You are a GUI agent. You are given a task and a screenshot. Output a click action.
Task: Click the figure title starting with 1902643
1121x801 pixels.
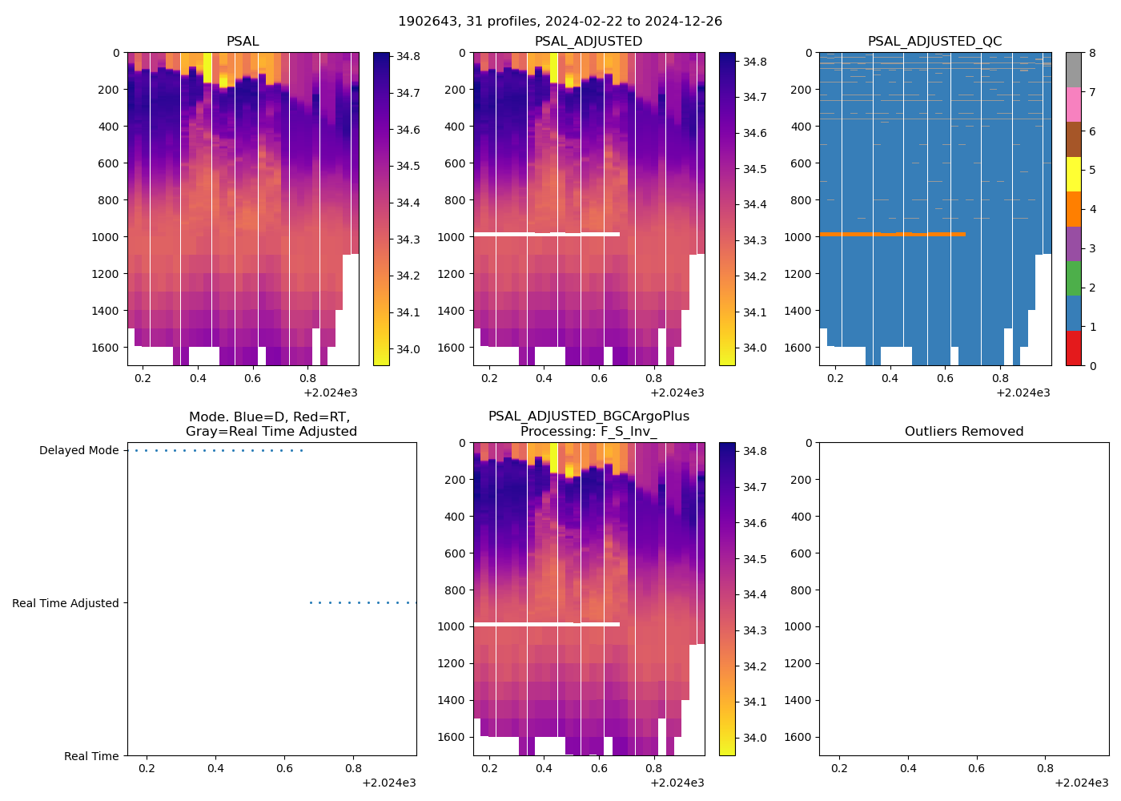click(x=560, y=22)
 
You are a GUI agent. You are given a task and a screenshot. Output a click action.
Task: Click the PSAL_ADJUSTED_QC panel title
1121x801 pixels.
click(x=934, y=42)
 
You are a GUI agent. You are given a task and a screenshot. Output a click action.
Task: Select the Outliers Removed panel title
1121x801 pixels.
click(x=963, y=432)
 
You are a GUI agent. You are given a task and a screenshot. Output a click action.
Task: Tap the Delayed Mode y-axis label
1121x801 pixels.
click(x=78, y=451)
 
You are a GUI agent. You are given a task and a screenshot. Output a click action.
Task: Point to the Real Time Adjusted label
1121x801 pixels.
click(x=65, y=604)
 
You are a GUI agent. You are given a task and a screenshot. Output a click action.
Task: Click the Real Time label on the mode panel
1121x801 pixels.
click(x=91, y=757)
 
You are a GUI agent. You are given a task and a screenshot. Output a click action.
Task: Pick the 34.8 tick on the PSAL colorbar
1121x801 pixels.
click(x=408, y=57)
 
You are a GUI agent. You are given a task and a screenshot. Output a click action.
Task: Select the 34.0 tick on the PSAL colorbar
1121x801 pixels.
click(x=408, y=349)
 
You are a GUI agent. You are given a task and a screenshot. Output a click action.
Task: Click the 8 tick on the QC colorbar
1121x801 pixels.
click(x=1092, y=53)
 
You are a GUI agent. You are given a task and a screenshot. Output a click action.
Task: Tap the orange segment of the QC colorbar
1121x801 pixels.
click(x=1073, y=209)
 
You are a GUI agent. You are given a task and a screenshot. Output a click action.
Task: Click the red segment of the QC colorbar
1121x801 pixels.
click(x=1073, y=348)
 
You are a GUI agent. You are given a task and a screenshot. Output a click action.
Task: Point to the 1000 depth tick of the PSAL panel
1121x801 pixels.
click(x=105, y=237)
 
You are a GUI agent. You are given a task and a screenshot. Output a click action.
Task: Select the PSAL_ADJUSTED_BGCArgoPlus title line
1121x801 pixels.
click(x=589, y=417)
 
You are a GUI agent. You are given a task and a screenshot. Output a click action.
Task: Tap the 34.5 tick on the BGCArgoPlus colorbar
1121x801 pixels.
click(x=754, y=559)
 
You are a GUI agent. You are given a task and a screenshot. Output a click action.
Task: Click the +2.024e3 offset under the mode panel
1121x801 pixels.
click(x=388, y=783)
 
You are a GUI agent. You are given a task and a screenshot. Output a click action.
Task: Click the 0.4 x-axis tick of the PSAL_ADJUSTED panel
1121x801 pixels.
click(x=544, y=378)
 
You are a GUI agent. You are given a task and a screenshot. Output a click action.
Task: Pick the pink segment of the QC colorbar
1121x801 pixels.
click(x=1073, y=104)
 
